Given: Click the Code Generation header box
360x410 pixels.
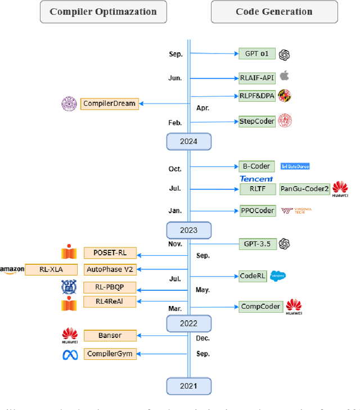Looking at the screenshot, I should click(274, 12).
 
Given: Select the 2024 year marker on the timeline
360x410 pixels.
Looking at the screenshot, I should click(188, 141).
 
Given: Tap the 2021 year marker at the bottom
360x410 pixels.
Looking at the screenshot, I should click(188, 386).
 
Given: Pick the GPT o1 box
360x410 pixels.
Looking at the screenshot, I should click(256, 54).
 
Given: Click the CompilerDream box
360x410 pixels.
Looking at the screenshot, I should click(109, 103).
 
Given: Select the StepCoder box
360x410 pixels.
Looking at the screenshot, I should click(257, 121).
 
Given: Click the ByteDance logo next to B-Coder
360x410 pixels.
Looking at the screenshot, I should click(295, 166).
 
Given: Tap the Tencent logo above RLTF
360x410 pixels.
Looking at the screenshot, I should click(256, 179).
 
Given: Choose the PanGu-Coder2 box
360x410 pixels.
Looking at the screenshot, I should click(304, 189).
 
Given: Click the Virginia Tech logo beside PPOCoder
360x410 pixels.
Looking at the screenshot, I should click(296, 211).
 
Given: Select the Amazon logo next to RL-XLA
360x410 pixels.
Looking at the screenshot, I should click(12, 270).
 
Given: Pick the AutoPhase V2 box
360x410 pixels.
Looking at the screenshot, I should click(110, 269).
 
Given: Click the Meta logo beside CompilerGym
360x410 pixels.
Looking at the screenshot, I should click(69, 354).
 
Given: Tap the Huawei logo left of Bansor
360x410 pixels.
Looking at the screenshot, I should click(69, 336).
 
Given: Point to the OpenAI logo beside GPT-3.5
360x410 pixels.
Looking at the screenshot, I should click(285, 244).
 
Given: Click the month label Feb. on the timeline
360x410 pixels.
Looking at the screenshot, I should click(175, 122).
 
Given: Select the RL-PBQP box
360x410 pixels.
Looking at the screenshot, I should click(110, 287).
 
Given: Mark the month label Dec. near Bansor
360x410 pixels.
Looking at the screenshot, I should click(203, 338).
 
